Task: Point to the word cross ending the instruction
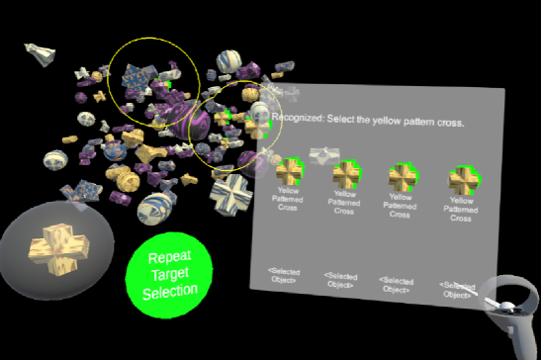click(x=451, y=122)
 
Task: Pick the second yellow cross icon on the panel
click(x=345, y=175)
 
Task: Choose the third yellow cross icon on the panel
click(x=401, y=177)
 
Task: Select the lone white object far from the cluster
click(x=39, y=53)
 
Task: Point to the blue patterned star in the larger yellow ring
click(x=138, y=76)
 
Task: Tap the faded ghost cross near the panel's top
click(x=323, y=155)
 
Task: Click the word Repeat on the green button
click(x=170, y=256)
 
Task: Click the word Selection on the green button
click(x=171, y=289)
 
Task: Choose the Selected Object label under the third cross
click(x=396, y=285)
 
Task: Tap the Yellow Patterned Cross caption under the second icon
click(x=344, y=204)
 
